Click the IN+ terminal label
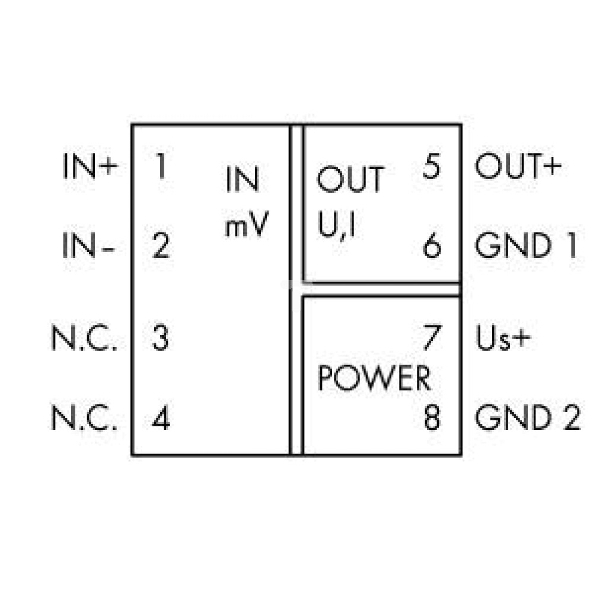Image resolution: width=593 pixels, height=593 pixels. (x=90, y=166)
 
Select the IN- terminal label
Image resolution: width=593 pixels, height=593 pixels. (x=88, y=246)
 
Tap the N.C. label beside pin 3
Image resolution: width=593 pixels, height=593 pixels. (x=84, y=338)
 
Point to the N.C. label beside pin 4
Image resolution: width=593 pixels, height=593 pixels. (x=84, y=417)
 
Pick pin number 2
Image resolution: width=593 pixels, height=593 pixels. (x=161, y=246)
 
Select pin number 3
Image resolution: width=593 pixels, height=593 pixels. (x=160, y=338)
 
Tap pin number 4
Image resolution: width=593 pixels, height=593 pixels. (x=161, y=417)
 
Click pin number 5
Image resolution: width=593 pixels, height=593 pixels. (x=432, y=166)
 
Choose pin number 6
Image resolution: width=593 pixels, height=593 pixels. (x=432, y=246)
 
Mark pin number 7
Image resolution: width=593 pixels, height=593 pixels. (x=432, y=338)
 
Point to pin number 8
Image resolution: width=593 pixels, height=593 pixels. (x=432, y=417)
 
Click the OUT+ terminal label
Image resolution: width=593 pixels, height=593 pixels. (x=518, y=166)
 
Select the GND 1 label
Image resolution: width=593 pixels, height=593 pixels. (x=525, y=246)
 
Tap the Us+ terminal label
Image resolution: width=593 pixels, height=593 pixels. (x=503, y=338)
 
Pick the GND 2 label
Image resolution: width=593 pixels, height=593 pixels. (x=527, y=417)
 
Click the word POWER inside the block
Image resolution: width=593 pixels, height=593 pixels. (x=374, y=378)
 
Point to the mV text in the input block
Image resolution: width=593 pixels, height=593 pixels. (x=247, y=224)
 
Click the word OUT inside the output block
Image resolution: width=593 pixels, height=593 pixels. (x=350, y=180)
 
